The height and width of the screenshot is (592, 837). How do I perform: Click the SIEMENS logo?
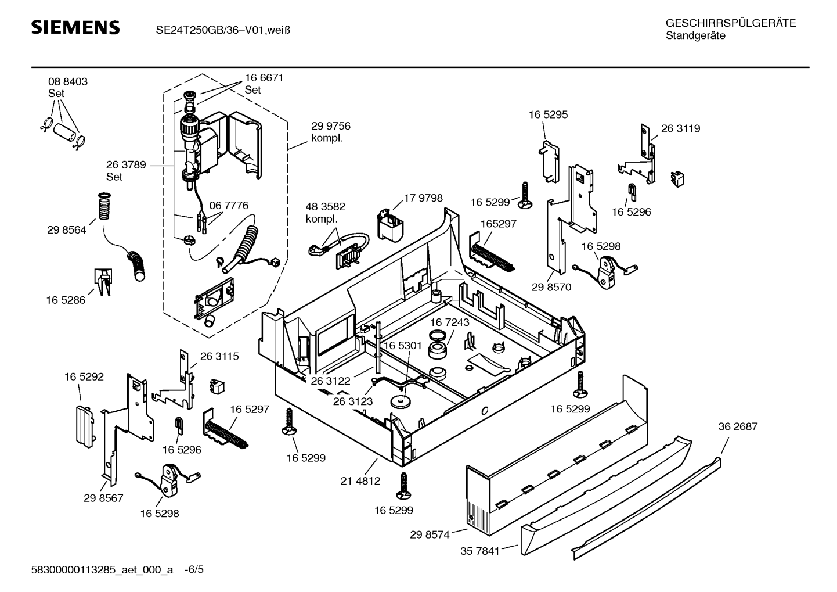click(75, 28)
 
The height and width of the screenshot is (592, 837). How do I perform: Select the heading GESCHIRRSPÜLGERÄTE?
click(730, 23)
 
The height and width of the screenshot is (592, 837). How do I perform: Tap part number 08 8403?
click(68, 82)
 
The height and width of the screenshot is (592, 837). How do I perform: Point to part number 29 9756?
click(330, 126)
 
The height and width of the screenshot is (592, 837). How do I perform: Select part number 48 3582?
click(325, 207)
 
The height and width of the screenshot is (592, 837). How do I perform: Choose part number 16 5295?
click(548, 115)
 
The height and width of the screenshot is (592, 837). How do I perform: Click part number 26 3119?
click(680, 129)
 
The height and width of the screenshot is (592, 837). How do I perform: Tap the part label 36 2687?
click(738, 426)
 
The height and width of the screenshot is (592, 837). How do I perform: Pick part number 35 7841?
click(480, 551)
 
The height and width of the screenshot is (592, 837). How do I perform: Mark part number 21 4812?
click(360, 481)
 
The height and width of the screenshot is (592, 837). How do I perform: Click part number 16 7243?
click(450, 322)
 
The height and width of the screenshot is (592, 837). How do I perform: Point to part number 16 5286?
click(66, 300)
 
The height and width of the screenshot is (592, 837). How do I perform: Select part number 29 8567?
click(103, 498)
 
